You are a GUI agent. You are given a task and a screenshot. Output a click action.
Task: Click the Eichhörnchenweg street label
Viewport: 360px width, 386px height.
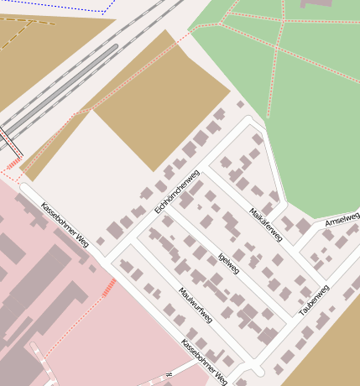(x=176, y=191)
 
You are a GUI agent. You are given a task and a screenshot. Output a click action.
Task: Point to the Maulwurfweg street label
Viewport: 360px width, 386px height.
(x=196, y=305)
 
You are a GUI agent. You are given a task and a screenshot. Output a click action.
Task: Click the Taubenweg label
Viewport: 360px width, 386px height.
(x=313, y=300)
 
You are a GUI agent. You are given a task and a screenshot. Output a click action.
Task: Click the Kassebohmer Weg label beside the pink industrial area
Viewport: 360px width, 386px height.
(x=65, y=225)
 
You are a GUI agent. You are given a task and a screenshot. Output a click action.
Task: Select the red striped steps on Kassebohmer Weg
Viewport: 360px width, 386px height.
(x=109, y=288)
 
